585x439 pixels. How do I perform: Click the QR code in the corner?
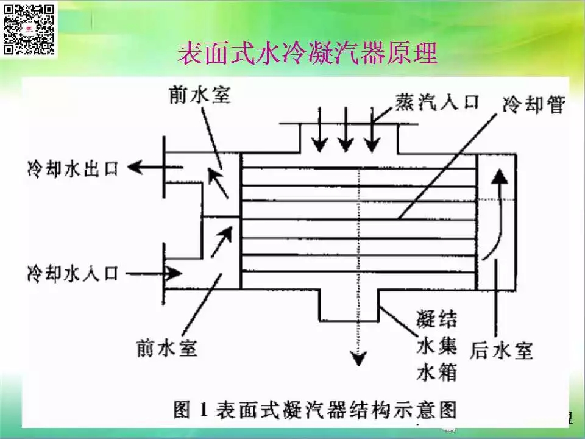[x=30, y=29]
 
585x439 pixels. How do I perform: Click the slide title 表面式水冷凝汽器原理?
[x=307, y=54]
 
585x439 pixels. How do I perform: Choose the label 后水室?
[x=502, y=350]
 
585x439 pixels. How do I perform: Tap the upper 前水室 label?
[x=200, y=95]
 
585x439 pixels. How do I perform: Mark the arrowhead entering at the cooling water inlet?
[x=174, y=272]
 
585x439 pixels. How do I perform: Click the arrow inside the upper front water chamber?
[x=216, y=182]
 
